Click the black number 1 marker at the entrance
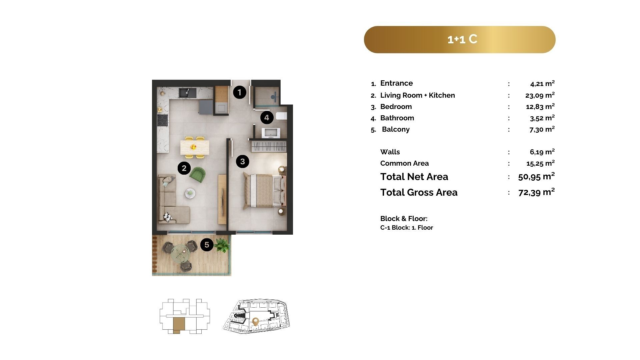pos(239,92)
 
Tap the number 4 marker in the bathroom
pos(267,117)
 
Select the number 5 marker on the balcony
pos(207,245)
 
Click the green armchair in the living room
pos(198,175)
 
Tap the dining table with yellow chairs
pos(195,147)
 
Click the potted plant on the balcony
pos(222,245)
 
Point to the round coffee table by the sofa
pos(190,193)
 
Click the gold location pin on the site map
pos(256,322)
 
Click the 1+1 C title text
pos(462,39)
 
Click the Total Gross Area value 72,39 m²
pos(537,192)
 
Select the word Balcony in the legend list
pos(396,129)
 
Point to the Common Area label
pos(404,163)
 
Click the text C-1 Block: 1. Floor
pos(407,228)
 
